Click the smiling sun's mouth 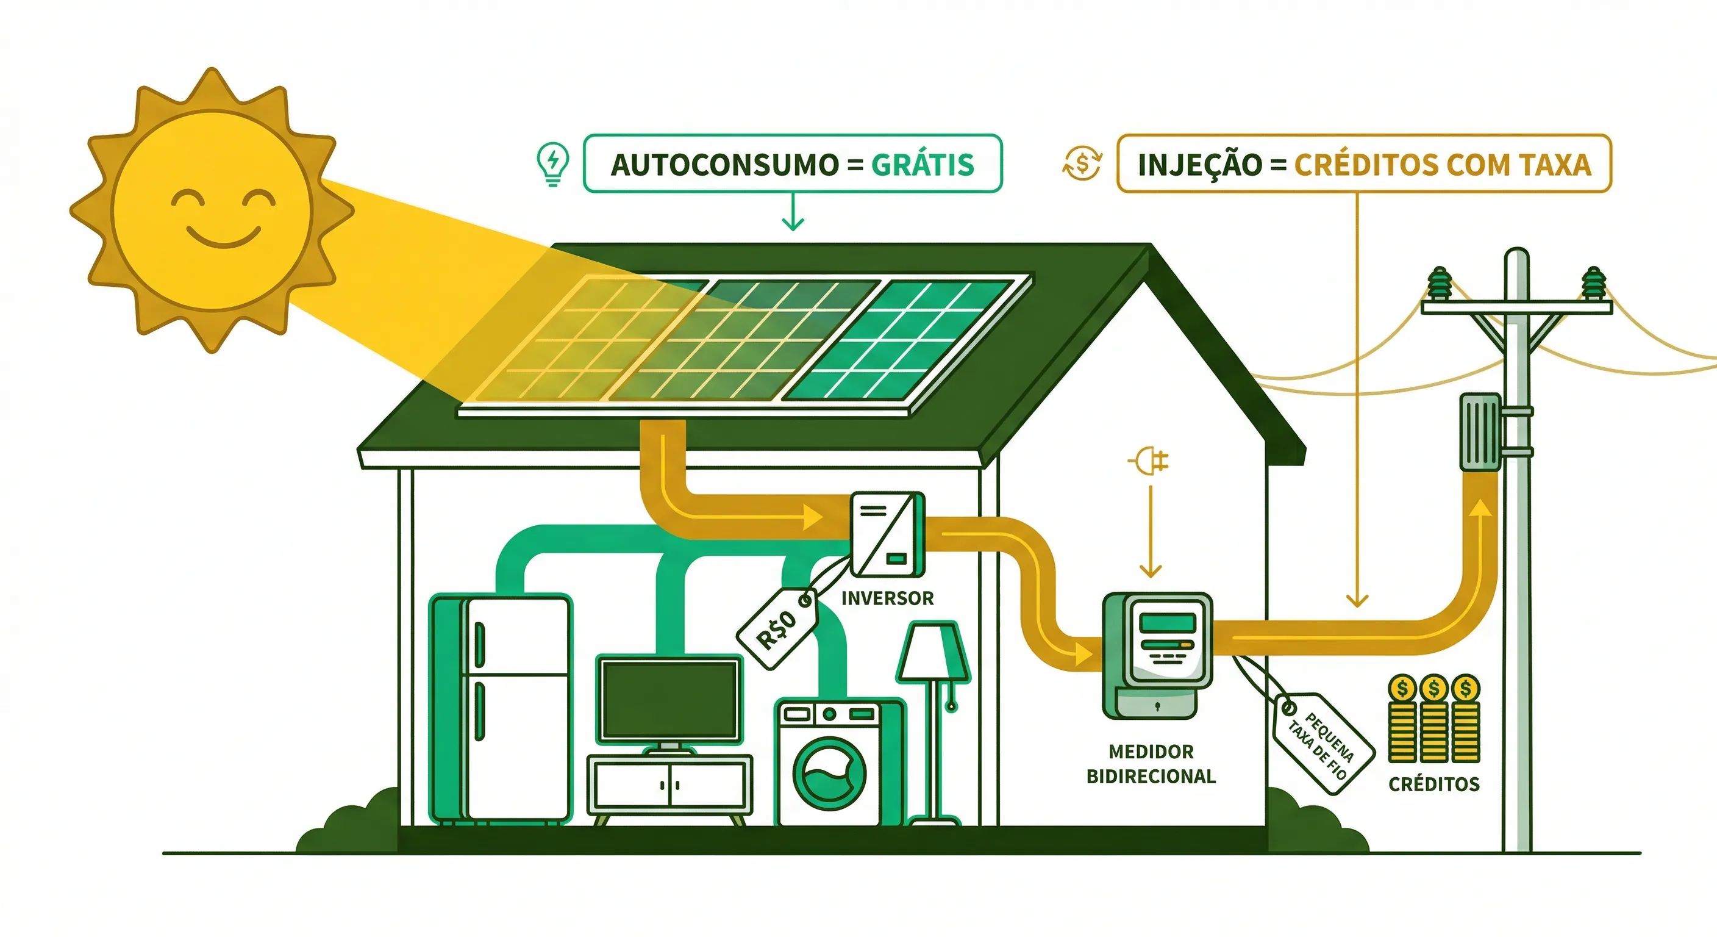pos(223,237)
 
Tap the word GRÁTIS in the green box pos(923,165)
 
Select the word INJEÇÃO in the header pos(1200,165)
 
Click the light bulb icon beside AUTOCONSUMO pos(552,163)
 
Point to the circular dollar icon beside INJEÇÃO pos(1082,164)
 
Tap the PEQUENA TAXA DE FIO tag pos(1323,742)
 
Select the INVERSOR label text pos(887,598)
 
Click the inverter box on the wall pos(887,534)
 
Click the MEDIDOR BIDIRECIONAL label pos(1151,764)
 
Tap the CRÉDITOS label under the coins pos(1433,784)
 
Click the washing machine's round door pos(829,773)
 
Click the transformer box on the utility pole pos(1480,432)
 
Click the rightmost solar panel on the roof pos(907,340)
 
